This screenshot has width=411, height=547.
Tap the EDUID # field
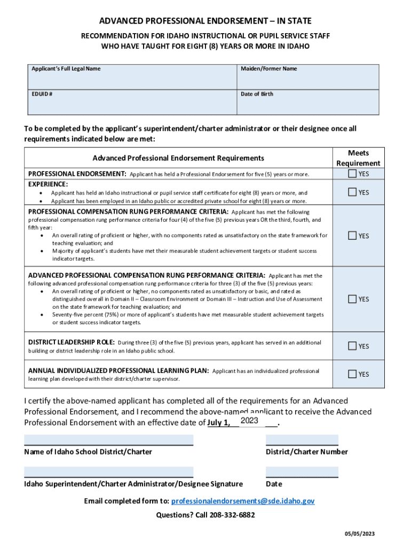click(131, 105)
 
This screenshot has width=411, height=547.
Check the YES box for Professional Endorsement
click(352, 174)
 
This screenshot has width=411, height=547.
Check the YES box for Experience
click(352, 192)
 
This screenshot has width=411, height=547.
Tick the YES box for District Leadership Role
click(352, 346)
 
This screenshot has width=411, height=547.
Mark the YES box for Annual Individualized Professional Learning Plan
click(352, 374)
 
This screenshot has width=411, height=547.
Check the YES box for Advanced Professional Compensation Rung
click(352, 299)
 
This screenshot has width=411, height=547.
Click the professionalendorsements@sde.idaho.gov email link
click(243, 501)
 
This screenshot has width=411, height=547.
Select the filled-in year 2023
click(250, 421)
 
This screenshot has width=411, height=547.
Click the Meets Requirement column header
click(358, 158)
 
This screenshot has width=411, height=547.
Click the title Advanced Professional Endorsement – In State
click(205, 21)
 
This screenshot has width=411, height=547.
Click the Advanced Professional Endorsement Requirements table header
click(178, 158)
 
